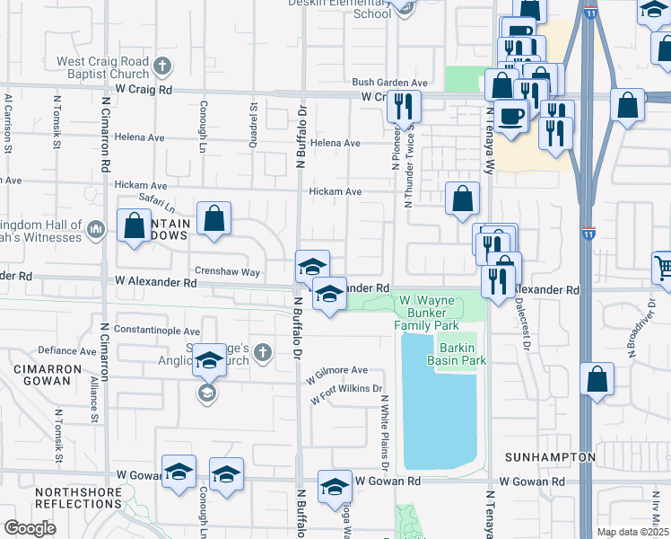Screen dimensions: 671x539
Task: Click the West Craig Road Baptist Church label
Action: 102,67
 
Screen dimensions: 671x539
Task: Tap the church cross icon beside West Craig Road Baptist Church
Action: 161,66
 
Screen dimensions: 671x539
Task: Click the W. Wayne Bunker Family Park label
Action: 429,312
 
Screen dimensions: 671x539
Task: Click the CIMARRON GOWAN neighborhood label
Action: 42,375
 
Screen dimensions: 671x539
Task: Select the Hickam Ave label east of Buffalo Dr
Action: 335,191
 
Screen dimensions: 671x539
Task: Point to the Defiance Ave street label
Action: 65,350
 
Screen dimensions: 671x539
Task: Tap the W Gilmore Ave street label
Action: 335,370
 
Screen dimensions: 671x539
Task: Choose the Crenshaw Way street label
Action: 226,271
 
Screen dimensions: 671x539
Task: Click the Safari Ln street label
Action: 155,202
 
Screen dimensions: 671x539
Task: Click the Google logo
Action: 30,528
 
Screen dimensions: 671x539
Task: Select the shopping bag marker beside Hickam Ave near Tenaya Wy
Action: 462,199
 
